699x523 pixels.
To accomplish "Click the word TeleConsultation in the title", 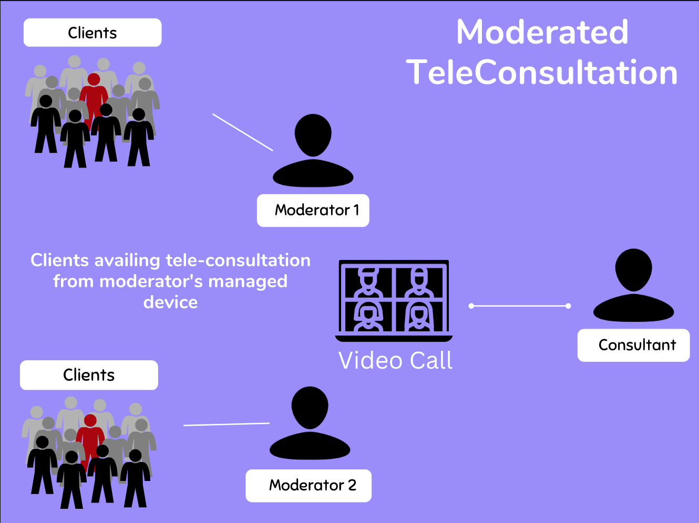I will (x=542, y=72).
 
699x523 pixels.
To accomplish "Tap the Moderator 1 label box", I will (x=313, y=211).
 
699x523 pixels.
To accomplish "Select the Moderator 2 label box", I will (x=309, y=486).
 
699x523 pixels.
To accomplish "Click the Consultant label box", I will (x=633, y=345).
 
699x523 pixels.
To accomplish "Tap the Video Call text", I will (x=395, y=361).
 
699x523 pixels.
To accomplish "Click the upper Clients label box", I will (x=92, y=33).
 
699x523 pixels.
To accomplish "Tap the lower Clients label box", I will (x=89, y=375).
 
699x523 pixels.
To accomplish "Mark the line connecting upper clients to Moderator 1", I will (x=242, y=132).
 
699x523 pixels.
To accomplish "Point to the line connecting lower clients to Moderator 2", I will (x=227, y=424).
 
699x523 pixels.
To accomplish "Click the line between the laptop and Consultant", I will (x=520, y=306).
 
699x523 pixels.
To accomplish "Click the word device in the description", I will (x=170, y=302).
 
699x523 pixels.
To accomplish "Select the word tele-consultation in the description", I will (x=238, y=260).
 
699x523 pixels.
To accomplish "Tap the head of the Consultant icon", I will (x=633, y=269).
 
